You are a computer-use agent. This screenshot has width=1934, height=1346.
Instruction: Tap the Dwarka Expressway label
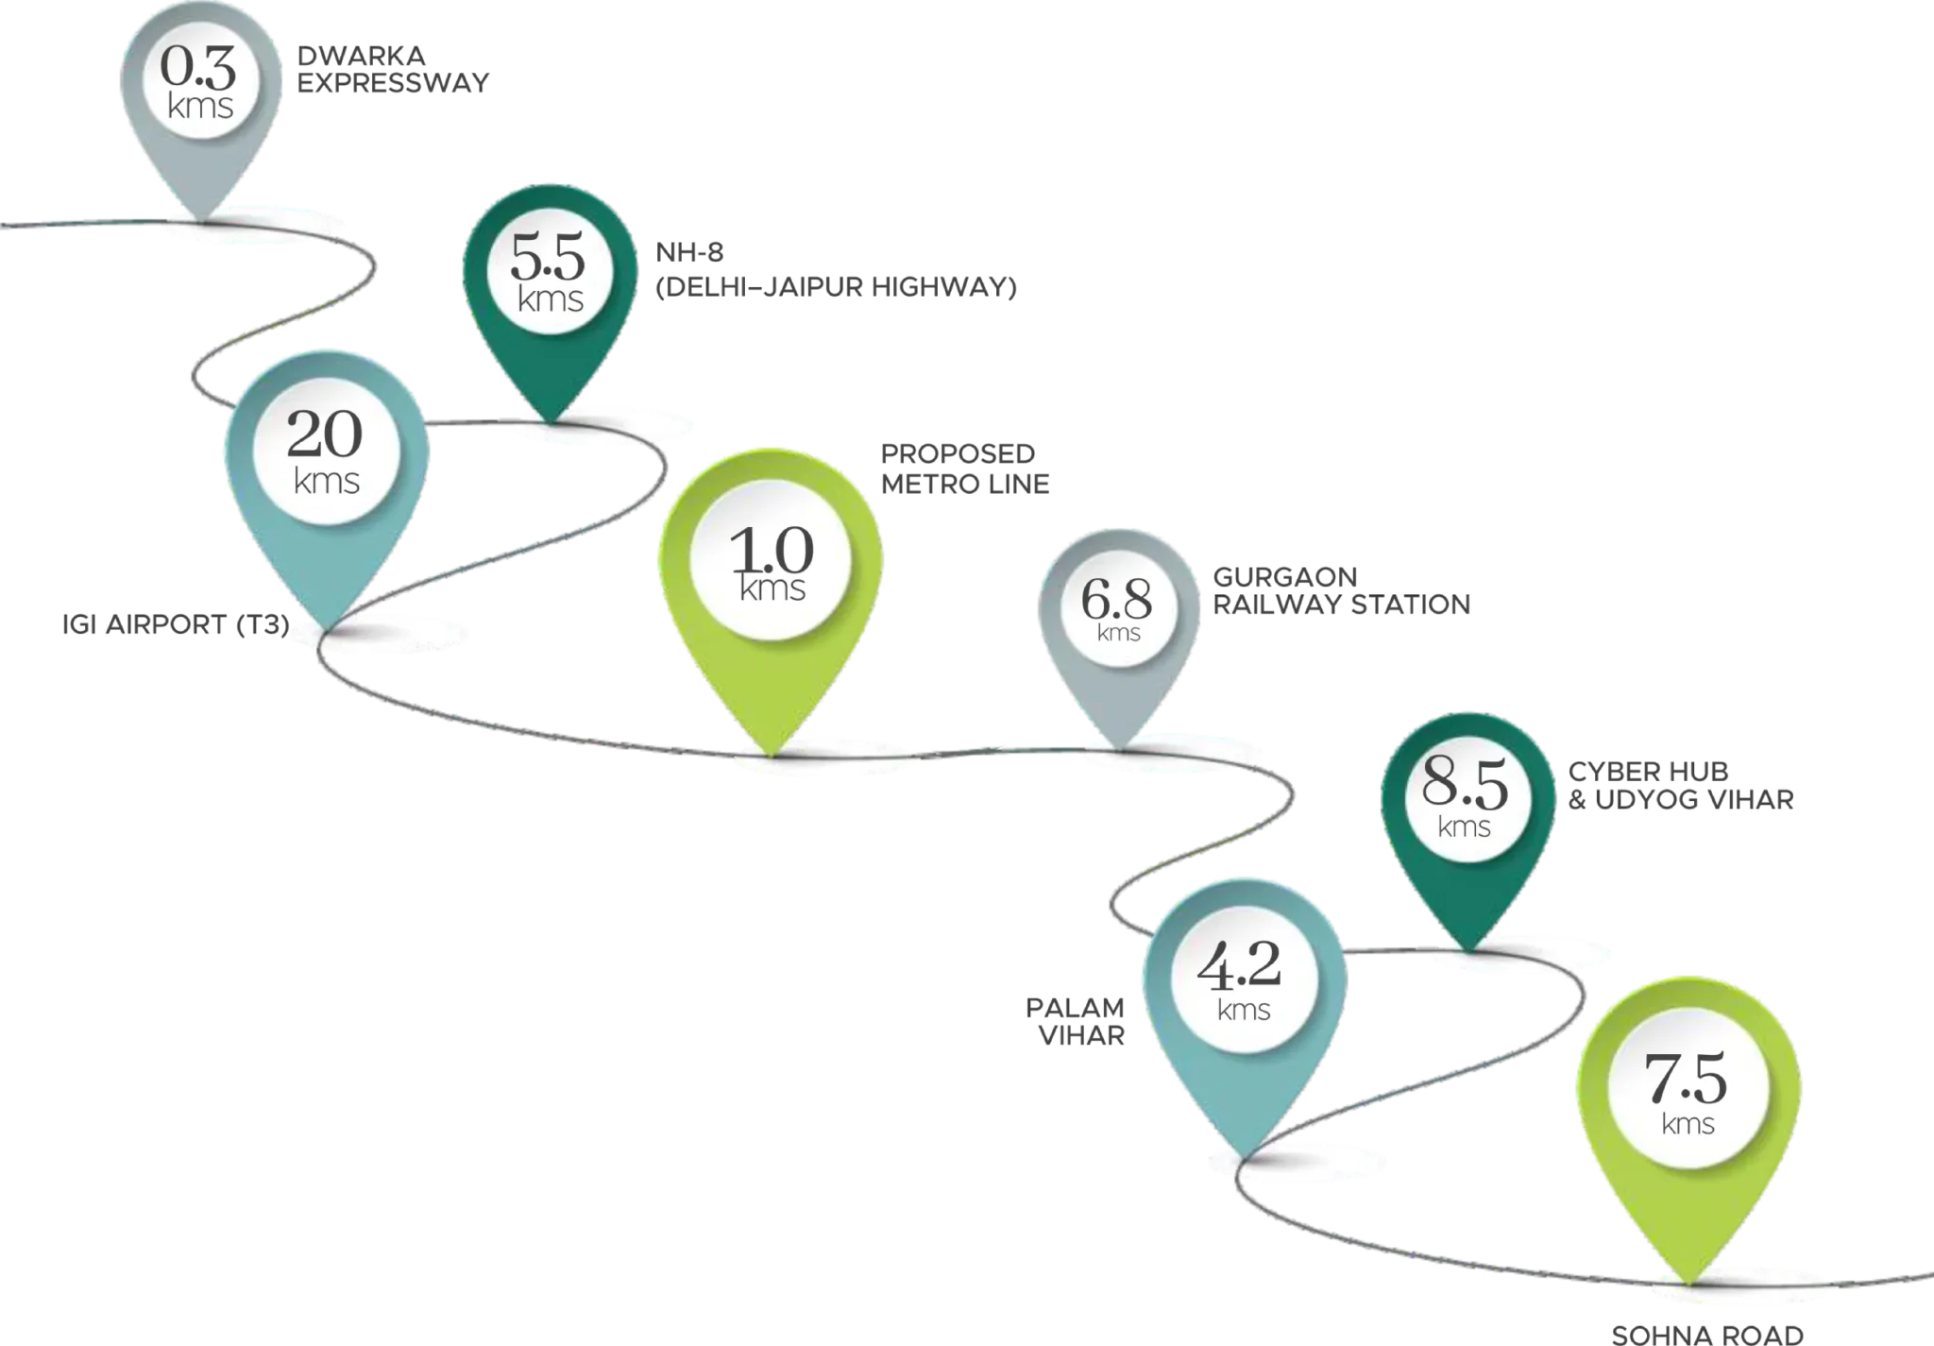pos(393,70)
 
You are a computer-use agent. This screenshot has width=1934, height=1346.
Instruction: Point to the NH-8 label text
pos(689,252)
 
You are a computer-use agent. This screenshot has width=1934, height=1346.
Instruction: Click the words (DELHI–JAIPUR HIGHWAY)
pos(836,287)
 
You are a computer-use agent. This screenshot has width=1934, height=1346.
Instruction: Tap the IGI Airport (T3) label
pos(176,624)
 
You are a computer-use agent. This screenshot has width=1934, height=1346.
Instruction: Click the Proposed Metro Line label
pos(965,469)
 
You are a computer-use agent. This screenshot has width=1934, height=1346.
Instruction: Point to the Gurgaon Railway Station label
pos(1342,590)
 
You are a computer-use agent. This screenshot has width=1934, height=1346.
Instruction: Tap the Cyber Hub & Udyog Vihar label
pos(1681,786)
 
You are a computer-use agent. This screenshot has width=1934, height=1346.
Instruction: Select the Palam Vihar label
pos(1076,1022)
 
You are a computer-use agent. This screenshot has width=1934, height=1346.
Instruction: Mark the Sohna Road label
pos(1707,1335)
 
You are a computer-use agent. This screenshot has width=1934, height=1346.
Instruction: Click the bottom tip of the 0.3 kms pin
pos(202,220)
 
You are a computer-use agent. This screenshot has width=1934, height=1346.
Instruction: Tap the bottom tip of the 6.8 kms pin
pos(1120,749)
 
